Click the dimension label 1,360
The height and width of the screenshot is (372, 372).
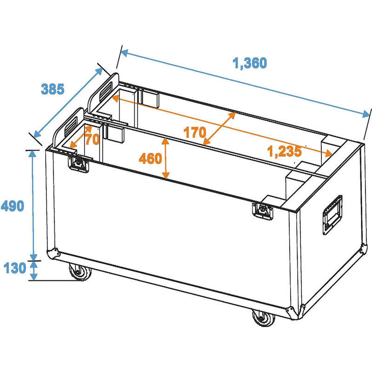[x=250, y=63]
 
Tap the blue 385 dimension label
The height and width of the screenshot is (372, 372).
[x=52, y=89]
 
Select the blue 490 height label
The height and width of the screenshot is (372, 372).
[x=13, y=205]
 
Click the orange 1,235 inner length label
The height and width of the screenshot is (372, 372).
[x=284, y=151]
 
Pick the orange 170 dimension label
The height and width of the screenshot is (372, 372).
[x=194, y=133]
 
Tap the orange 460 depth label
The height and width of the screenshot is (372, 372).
[x=150, y=159]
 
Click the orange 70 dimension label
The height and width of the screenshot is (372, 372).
[x=92, y=139]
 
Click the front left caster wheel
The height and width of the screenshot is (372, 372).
[x=79, y=272]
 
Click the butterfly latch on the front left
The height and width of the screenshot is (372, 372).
[x=78, y=163]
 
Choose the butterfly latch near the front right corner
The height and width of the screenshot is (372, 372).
[x=263, y=211]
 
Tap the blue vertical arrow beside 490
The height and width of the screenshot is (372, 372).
[x=33, y=205]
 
